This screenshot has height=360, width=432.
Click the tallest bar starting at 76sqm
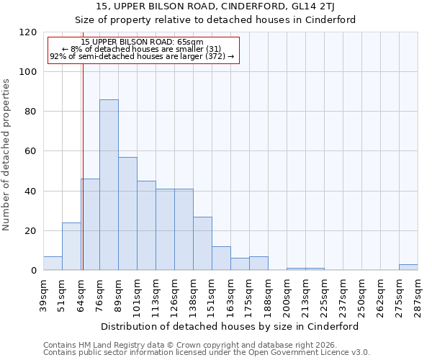pyautogui.click(x=109, y=185)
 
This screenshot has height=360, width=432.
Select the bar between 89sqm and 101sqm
pyautogui.click(x=127, y=214)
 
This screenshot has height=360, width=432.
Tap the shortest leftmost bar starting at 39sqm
pyautogui.click(x=53, y=264)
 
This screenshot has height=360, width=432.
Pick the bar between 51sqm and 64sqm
pyautogui.click(x=71, y=246)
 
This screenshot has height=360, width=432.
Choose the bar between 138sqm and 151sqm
pyautogui.click(x=202, y=243)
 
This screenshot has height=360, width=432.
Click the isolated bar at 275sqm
pyautogui.click(x=408, y=267)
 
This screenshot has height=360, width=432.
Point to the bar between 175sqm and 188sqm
pyautogui.click(x=258, y=264)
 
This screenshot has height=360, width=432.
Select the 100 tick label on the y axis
pyautogui.click(x=29, y=72)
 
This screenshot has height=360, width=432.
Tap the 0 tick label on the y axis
pyautogui.click(x=34, y=271)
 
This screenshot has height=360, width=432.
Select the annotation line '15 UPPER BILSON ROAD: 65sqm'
pyautogui.click(x=142, y=42)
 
